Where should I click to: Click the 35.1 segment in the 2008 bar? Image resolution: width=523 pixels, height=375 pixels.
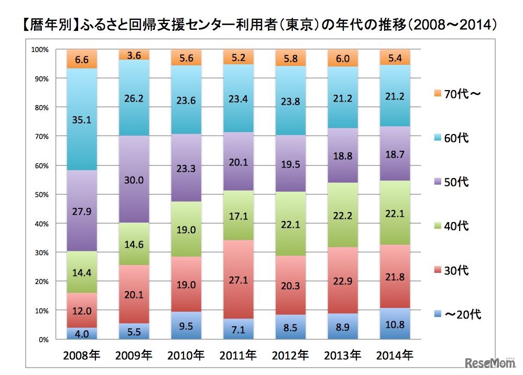tap(82, 119)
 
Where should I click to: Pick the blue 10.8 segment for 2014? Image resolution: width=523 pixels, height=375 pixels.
tap(395, 325)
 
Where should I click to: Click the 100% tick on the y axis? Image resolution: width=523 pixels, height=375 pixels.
tap(40, 50)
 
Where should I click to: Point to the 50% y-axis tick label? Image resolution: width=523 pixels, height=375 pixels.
tap(41, 195)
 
